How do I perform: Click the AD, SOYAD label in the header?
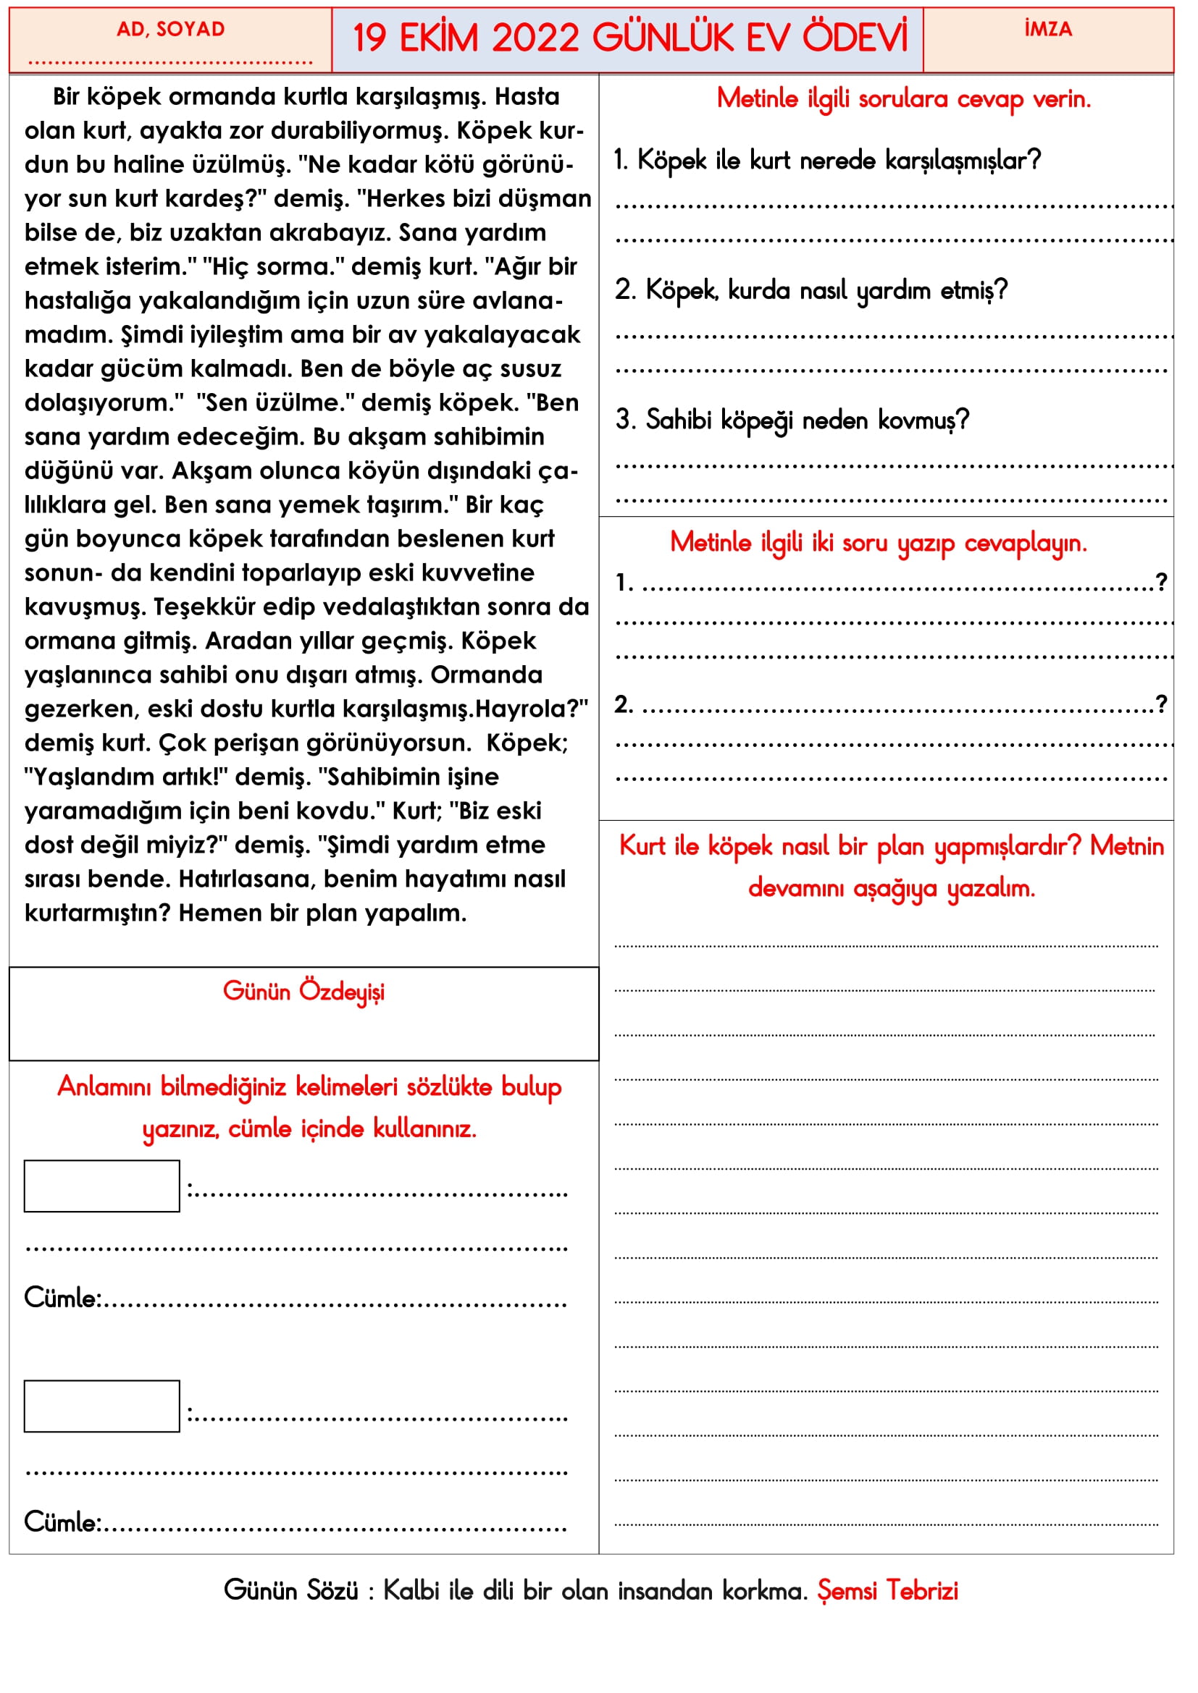pyautogui.click(x=170, y=30)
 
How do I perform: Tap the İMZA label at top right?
pyautogui.click(x=1047, y=30)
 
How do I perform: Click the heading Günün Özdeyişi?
pyautogui.click(x=303, y=992)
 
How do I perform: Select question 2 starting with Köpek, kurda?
pyautogui.click(x=810, y=290)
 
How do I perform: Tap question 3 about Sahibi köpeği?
pyautogui.click(x=792, y=421)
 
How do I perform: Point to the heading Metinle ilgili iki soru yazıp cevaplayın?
pyautogui.click(x=878, y=544)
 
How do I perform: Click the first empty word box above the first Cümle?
pyautogui.click(x=102, y=1186)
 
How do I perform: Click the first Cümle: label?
pyautogui.click(x=63, y=1298)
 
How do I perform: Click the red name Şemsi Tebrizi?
pyautogui.click(x=887, y=1591)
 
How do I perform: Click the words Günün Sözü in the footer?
pyautogui.click(x=290, y=1591)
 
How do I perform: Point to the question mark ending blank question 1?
pyautogui.click(x=1161, y=583)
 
